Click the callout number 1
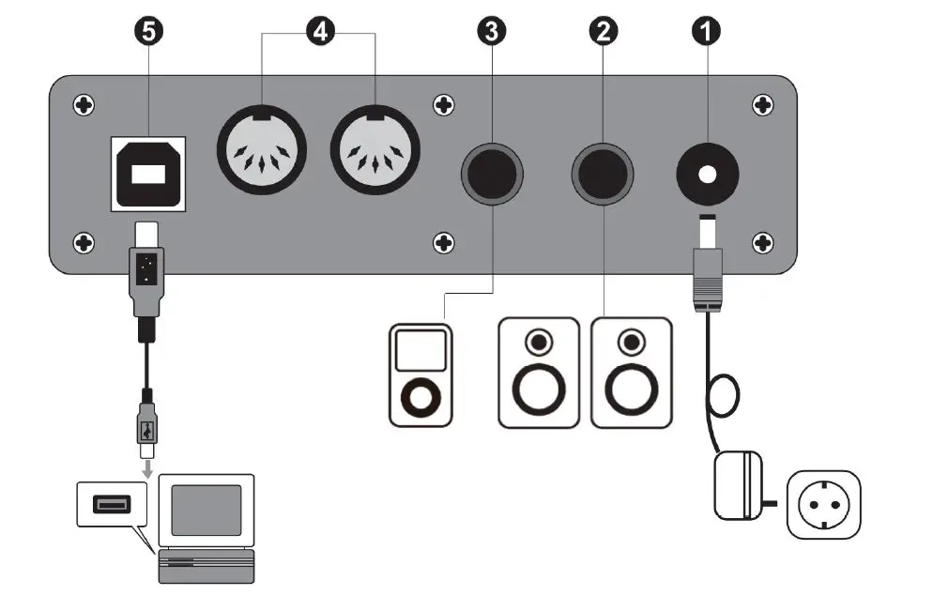coord(706,31)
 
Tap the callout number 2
coord(603,31)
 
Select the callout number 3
coord(491,31)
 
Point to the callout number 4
coord(319,31)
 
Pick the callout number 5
coord(148,31)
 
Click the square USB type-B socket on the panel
coord(148,173)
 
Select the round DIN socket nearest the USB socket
coord(262,150)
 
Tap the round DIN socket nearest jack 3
coord(375,150)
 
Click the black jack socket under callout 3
coord(491,175)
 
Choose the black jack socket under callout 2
coord(603,175)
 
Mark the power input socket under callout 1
coord(706,175)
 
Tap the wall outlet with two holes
coord(822,505)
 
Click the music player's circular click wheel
coord(420,395)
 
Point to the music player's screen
coord(419,350)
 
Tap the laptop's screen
coord(206,510)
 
